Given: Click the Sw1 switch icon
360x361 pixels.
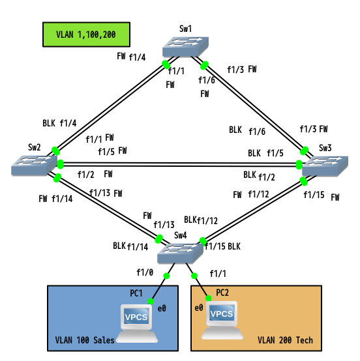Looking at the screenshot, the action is (x=185, y=47).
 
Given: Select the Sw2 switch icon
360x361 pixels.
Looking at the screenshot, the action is (x=34, y=166).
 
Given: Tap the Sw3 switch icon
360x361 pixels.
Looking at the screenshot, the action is (x=325, y=166).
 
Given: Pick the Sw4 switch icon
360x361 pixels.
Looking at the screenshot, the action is (x=180, y=253).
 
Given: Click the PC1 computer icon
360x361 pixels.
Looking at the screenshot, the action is (x=137, y=323).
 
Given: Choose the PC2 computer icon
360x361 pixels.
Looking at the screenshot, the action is (x=222, y=320).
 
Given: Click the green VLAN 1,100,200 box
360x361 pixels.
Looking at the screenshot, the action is (x=87, y=35).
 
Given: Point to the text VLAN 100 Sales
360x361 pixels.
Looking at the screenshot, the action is (x=85, y=340).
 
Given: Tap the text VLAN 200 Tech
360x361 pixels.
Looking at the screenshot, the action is (x=285, y=340).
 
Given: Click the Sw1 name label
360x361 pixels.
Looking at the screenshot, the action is (x=185, y=29).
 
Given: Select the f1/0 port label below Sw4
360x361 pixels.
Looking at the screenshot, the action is (x=145, y=272).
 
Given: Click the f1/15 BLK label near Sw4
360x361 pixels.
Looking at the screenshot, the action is (x=222, y=246).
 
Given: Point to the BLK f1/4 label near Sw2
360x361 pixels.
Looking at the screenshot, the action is (x=59, y=123).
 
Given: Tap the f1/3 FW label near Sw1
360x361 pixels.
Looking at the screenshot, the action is (x=242, y=69).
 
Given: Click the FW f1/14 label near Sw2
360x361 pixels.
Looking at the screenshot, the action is (x=55, y=199).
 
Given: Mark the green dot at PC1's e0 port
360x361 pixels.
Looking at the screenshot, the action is (x=151, y=301).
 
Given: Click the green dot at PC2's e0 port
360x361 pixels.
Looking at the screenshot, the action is (x=208, y=298).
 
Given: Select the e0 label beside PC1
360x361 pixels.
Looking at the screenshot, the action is (x=162, y=308).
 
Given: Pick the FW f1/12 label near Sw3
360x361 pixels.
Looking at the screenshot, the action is (x=251, y=195).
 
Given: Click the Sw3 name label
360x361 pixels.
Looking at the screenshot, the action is (x=325, y=148).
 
